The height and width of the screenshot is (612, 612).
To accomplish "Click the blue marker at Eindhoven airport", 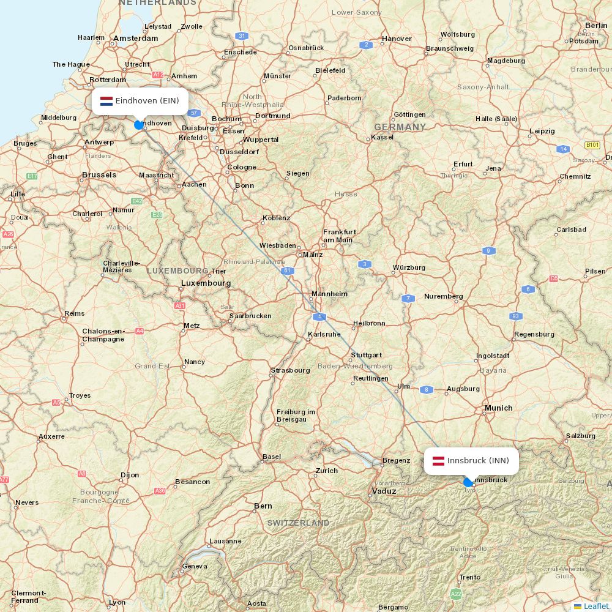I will click(x=139, y=125).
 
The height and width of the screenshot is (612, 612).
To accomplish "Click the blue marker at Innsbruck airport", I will click(x=468, y=482).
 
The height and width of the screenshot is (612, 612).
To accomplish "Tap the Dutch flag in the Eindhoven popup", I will click(x=106, y=101).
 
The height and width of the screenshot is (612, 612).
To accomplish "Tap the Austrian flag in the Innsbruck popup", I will click(x=438, y=461).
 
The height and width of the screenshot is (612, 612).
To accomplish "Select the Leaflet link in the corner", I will click(x=595, y=606).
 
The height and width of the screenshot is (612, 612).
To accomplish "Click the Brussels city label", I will click(x=99, y=175).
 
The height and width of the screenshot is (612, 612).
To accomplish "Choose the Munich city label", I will click(x=498, y=408).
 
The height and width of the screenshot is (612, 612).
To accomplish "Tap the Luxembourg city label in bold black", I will click(x=206, y=283).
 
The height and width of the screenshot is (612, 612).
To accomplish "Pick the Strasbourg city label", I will click(x=290, y=370).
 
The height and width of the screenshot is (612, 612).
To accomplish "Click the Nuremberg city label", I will click(x=443, y=296).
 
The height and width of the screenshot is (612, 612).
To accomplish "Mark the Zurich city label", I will click(x=326, y=471).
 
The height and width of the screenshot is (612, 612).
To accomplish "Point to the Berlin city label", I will click(x=596, y=26).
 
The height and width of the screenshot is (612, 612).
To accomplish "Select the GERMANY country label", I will click(x=400, y=127).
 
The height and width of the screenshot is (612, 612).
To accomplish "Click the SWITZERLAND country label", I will click(x=298, y=523).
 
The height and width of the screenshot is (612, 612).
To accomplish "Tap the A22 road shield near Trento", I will click(x=456, y=594).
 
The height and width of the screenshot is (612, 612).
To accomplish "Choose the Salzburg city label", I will click(x=580, y=436).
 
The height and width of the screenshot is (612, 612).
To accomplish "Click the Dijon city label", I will click(x=129, y=475).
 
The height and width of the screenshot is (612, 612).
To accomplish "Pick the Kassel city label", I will click(x=382, y=137).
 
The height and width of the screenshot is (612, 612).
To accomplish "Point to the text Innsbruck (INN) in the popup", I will click(x=478, y=461).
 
